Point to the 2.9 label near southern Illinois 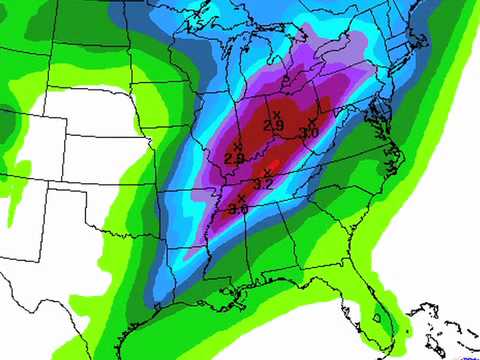click(x=235, y=159)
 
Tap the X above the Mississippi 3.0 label click(x=241, y=198)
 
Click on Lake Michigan click(x=249, y=80)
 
